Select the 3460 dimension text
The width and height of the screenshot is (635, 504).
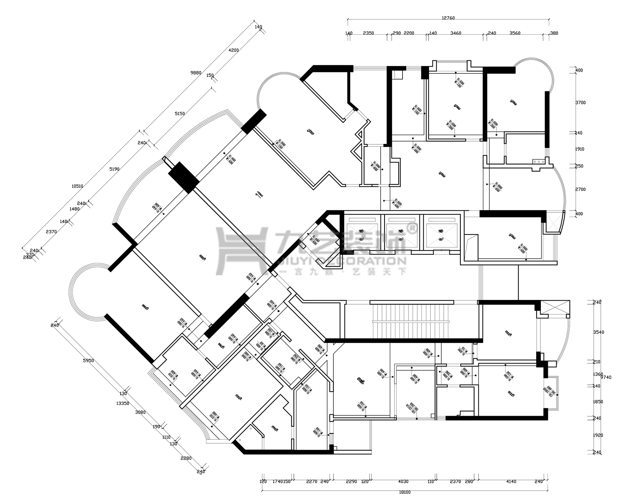pyautogui.click(x=456, y=33)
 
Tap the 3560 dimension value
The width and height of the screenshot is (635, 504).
pyautogui.click(x=515, y=33)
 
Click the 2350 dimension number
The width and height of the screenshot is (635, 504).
pyautogui.click(x=368, y=33)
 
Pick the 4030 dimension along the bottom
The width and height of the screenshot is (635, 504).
pyautogui.click(x=403, y=481)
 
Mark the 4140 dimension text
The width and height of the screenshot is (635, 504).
pyautogui.click(x=511, y=481)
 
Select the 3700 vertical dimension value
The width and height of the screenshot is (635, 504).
pyautogui.click(x=580, y=103)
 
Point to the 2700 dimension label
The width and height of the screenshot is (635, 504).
pyautogui.click(x=580, y=190)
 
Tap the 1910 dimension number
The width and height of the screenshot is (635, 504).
pyautogui.click(x=579, y=149)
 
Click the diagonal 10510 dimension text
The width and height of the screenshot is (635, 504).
pyautogui.click(x=77, y=186)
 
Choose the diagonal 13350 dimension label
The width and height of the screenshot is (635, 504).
pyautogui.click(x=125, y=403)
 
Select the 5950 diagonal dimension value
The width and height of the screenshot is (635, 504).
pyautogui.click(x=88, y=361)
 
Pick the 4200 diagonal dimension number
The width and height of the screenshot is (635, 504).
pyautogui.click(x=234, y=50)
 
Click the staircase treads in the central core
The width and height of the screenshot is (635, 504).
pyautogui.click(x=411, y=321)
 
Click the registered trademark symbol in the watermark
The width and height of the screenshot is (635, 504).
pyautogui.click(x=413, y=228)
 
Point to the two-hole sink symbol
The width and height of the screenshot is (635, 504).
pyautogui.click(x=539, y=162)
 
